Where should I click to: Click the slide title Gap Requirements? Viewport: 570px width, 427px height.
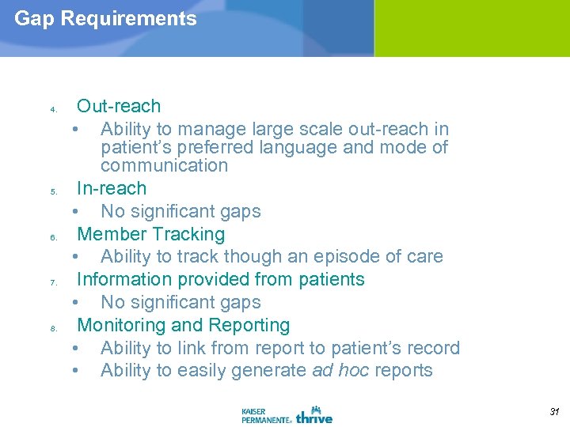click(105, 19)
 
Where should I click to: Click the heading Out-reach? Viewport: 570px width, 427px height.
click(118, 106)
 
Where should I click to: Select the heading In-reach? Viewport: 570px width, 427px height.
click(111, 188)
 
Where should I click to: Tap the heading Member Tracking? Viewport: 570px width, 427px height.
click(150, 234)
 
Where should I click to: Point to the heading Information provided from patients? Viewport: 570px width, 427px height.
click(220, 279)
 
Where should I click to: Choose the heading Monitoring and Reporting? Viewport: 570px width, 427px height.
click(183, 325)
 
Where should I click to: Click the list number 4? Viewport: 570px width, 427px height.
click(52, 109)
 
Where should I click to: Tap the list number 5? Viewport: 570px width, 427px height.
click(52, 191)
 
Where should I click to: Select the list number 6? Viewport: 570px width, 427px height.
click(52, 237)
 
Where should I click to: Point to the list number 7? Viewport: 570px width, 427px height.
click(52, 282)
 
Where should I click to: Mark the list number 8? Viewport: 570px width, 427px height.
click(52, 328)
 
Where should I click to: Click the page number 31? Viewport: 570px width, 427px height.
click(553, 412)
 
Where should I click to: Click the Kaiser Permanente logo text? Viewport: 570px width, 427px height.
click(265, 415)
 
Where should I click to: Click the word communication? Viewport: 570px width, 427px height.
click(164, 165)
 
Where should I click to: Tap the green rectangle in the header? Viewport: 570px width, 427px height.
click(472, 28)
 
